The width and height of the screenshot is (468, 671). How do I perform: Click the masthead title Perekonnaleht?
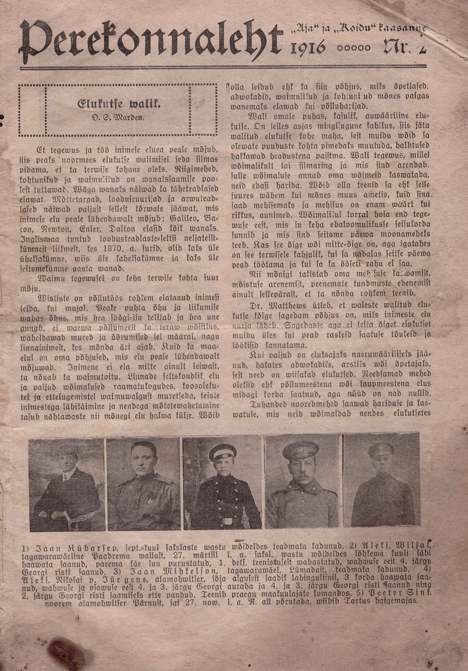coord(151,42)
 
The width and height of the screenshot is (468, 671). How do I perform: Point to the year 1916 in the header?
coord(308,48)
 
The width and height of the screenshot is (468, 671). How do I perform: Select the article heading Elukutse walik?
coord(119,104)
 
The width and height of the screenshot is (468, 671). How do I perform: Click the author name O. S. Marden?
coord(119,118)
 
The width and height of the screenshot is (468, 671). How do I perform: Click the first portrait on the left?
coord(67,484)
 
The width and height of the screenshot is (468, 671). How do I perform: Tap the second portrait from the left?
coord(144,484)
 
